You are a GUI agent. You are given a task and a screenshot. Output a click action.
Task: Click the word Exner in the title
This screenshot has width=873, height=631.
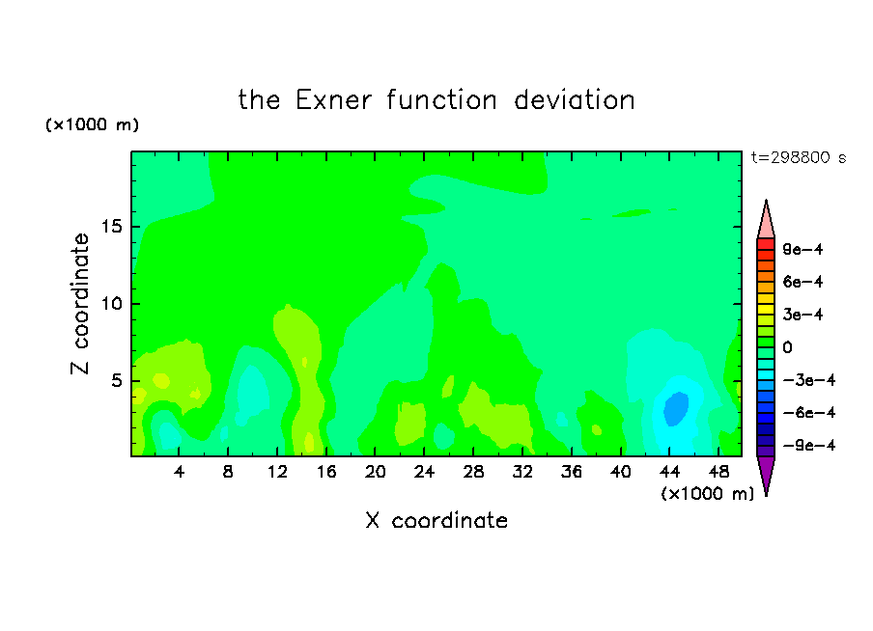333,100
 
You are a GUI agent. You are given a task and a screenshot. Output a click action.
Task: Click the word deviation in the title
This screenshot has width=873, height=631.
574,100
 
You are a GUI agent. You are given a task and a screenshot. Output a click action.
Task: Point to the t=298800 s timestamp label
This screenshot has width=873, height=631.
799,157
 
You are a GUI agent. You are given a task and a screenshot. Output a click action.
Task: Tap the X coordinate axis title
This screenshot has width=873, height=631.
436,520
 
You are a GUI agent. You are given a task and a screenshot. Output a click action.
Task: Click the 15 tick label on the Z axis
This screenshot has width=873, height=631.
112,227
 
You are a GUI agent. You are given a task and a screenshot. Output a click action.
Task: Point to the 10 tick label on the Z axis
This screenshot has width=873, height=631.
112,304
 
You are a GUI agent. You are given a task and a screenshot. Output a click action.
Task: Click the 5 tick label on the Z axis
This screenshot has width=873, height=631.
117,380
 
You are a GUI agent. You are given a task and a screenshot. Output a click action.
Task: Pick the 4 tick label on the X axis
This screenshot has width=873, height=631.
179,472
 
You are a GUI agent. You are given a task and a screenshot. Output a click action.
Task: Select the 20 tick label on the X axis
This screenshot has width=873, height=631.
376,472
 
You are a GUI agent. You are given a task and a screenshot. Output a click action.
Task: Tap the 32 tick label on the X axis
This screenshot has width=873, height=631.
522,472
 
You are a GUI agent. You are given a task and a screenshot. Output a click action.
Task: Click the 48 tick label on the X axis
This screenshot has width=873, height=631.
718,472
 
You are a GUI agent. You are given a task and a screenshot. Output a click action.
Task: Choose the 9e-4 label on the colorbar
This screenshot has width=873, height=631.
803,249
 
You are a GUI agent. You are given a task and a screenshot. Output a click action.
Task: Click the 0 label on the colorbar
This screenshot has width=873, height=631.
787,347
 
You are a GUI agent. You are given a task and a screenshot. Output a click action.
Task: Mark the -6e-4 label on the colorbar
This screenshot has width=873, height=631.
809,413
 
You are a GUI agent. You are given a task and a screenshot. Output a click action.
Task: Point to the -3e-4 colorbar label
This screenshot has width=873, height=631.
809,380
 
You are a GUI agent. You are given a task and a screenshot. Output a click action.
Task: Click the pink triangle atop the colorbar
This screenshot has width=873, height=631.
766,223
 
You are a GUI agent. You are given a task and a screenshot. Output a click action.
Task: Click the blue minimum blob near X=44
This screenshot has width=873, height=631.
676,409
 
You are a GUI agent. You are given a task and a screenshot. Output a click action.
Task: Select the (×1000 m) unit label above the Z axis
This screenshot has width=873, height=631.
92,124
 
